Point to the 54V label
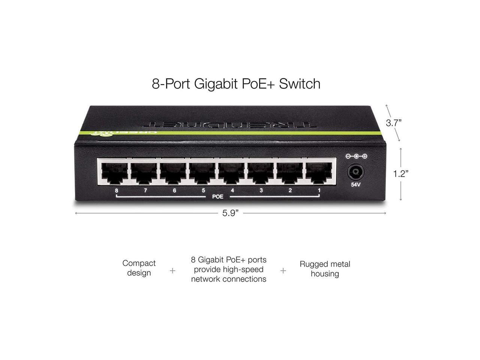click(x=355, y=185)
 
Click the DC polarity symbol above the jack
click(x=356, y=156)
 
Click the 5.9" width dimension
click(x=230, y=213)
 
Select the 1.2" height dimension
click(x=400, y=174)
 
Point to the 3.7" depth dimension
click(x=394, y=123)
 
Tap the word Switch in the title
click(x=300, y=83)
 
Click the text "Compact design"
click(x=139, y=268)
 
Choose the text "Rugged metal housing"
click(x=325, y=269)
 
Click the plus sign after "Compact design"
click(x=172, y=270)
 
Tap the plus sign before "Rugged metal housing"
click(x=283, y=270)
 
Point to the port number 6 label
click(x=174, y=190)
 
